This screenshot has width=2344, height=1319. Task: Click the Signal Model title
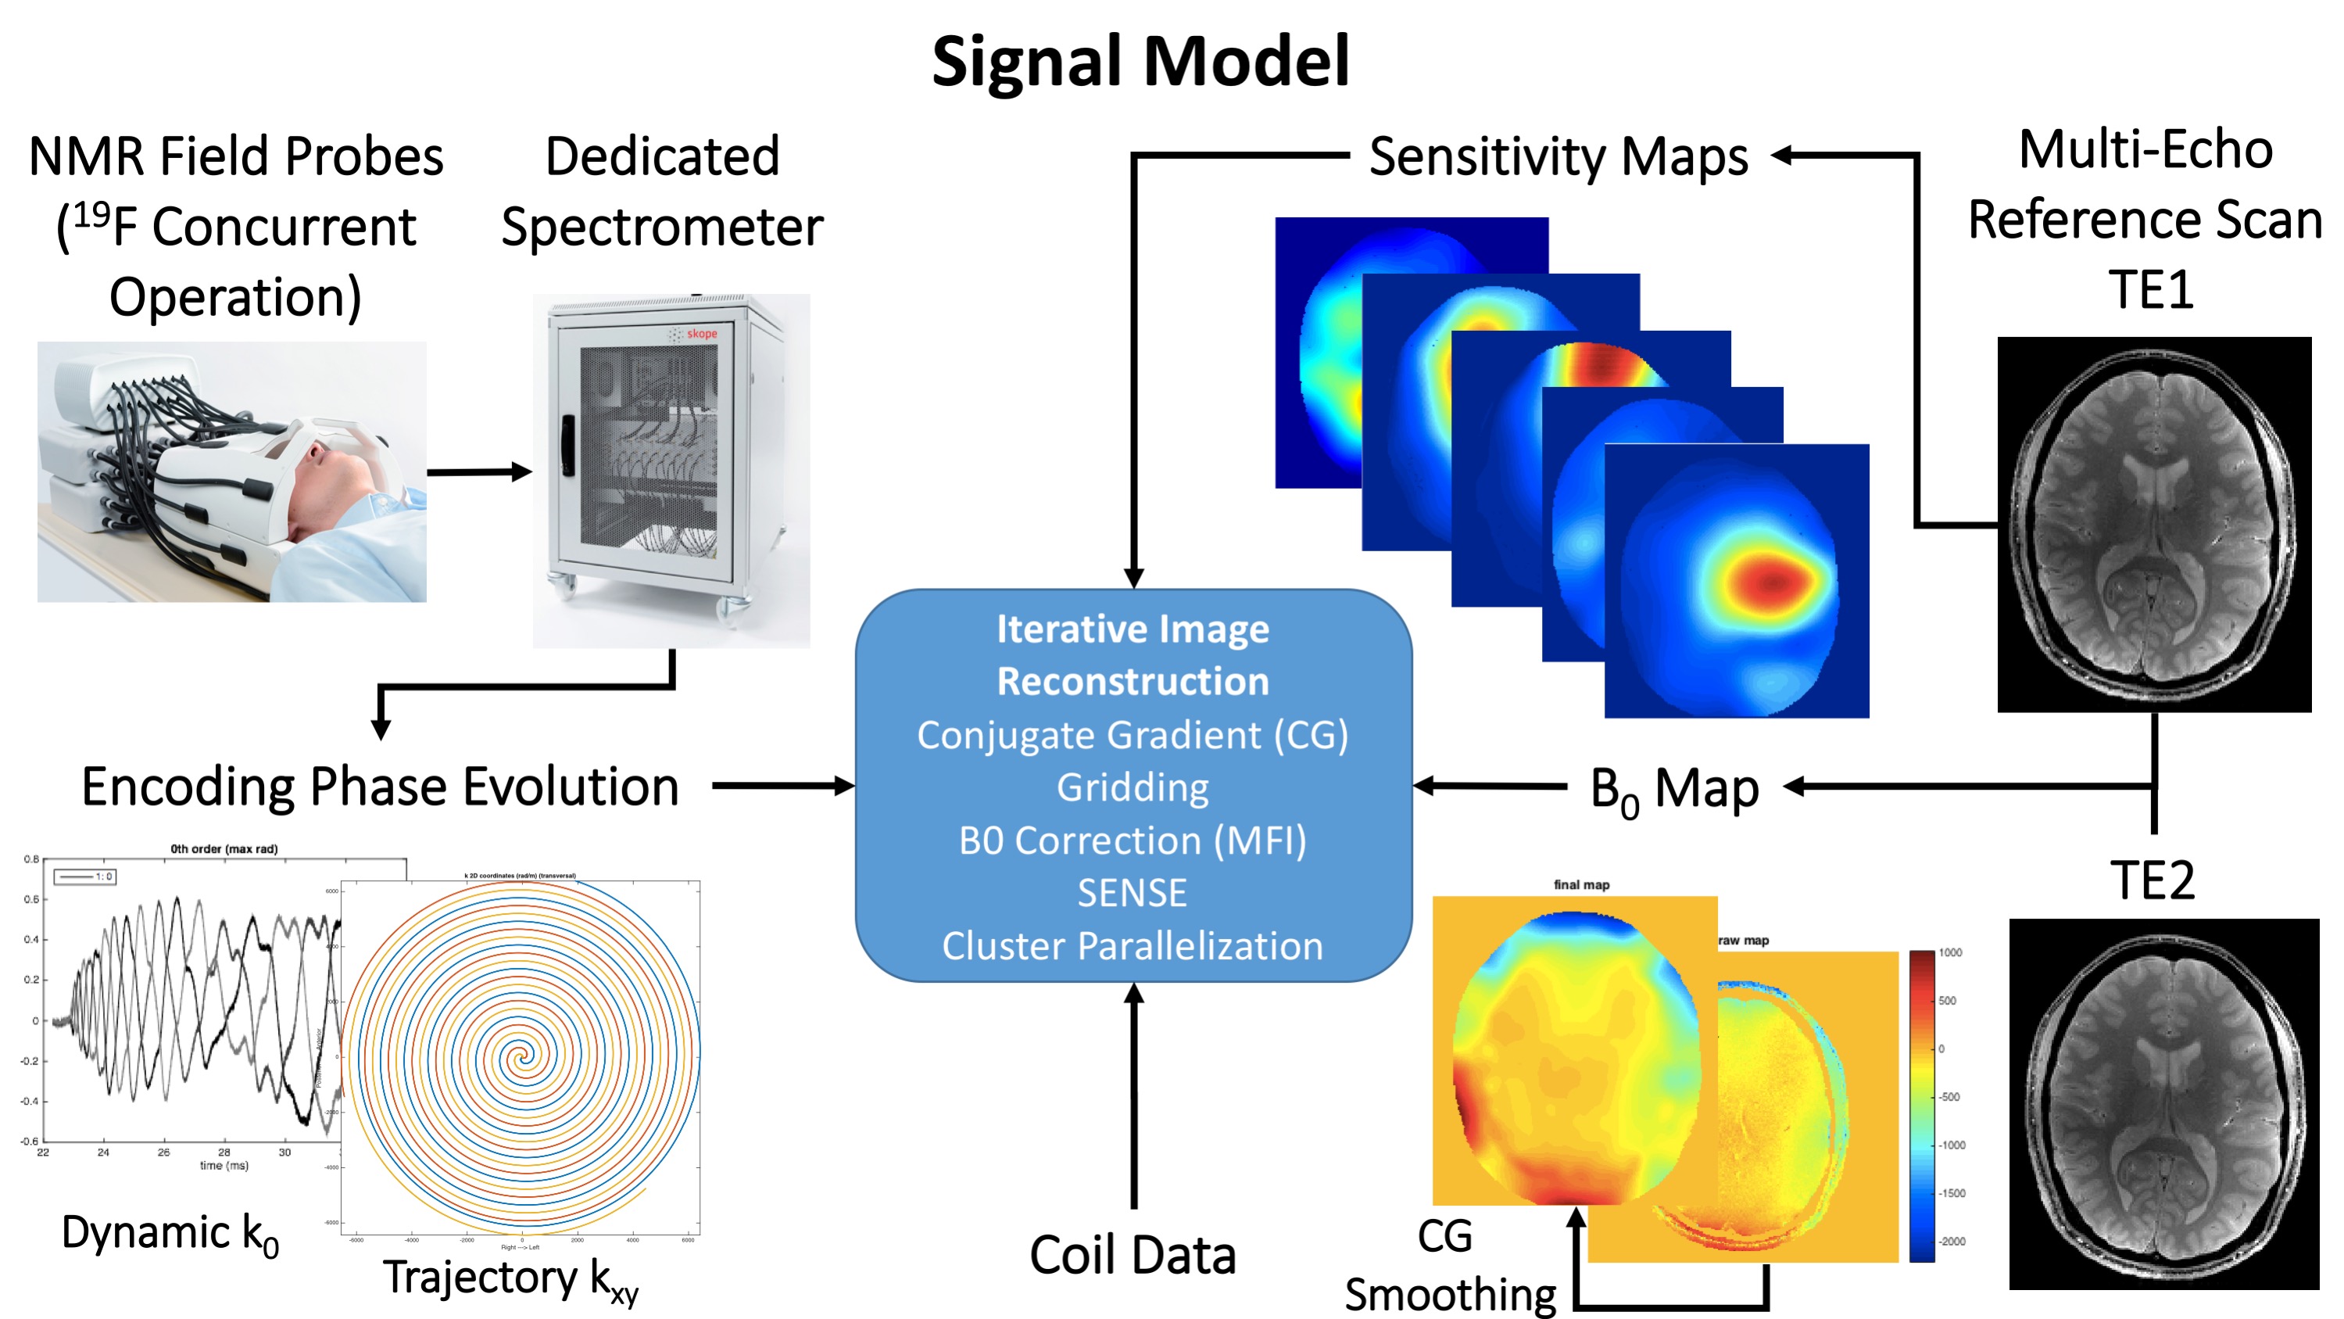(1140, 62)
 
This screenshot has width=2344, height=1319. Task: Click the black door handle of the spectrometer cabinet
(567, 445)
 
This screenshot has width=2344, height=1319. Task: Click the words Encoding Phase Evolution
(381, 787)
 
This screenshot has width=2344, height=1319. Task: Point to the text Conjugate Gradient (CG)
(1132, 736)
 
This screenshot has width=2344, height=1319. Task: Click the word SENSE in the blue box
(1132, 893)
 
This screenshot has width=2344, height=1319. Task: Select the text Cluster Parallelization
(1132, 947)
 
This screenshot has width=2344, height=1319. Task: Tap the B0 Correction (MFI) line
(1132, 841)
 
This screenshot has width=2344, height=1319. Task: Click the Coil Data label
(1132, 1256)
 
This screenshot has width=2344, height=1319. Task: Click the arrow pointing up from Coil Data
(1134, 1092)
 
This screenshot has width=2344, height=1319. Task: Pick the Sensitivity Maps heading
(1558, 156)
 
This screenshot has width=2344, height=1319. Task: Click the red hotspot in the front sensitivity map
(1770, 581)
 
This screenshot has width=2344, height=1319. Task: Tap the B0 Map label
(1673, 788)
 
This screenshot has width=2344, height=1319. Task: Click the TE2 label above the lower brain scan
(2152, 881)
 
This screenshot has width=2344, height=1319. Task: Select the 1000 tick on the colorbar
(1950, 952)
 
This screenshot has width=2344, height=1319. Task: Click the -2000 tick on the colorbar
(1952, 1242)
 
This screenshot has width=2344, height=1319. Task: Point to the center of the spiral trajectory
(521, 1057)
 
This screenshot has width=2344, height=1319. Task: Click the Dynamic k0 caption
(170, 1235)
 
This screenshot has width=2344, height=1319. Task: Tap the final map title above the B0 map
(1581, 885)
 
